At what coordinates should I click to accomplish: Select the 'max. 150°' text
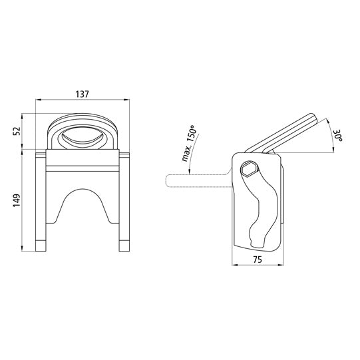point(187,145)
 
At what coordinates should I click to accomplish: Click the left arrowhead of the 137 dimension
point(37,100)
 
